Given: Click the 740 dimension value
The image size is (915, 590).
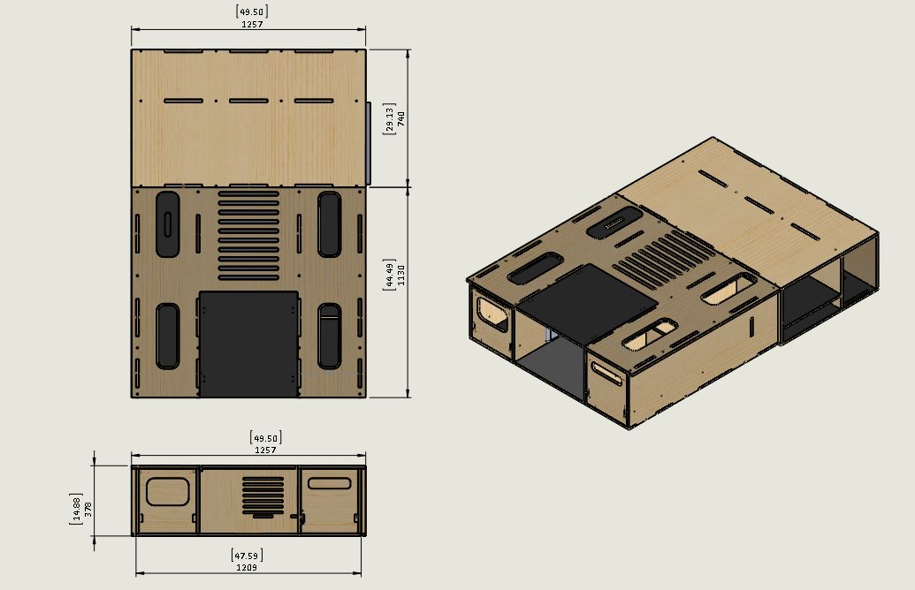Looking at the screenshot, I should pyautogui.click(x=400, y=119).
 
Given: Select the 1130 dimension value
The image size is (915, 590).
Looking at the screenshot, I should pyautogui.click(x=400, y=273).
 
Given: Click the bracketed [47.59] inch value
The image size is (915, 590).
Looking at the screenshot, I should pyautogui.click(x=248, y=556).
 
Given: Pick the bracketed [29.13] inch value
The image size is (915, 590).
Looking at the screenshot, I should pyautogui.click(x=388, y=119).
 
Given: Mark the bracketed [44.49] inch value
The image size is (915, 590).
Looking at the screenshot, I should pyautogui.click(x=388, y=273).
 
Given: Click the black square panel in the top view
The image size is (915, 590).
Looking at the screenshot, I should pyautogui.click(x=248, y=343).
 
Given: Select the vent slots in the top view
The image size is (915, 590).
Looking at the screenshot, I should pyautogui.click(x=248, y=235).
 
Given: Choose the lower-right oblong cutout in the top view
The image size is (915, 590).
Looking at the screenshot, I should pyautogui.click(x=330, y=336).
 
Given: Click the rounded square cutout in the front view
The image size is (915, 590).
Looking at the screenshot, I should pyautogui.click(x=168, y=491).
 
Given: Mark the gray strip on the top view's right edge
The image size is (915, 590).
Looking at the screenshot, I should pyautogui.click(x=368, y=141).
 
